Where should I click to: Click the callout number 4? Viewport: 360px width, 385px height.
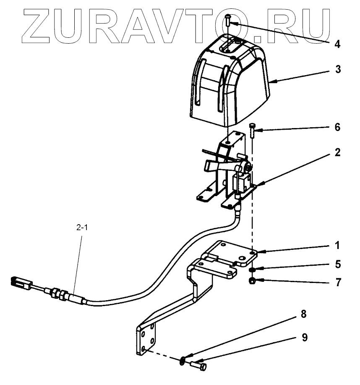tap(337, 44)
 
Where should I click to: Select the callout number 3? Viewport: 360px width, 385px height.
tap(337, 70)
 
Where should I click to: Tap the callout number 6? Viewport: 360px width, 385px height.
tap(337, 126)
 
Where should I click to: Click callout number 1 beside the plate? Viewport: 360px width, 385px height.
tap(337, 245)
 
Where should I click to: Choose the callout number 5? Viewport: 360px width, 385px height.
tap(337, 265)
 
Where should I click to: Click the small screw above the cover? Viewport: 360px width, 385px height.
tap(227, 19)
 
